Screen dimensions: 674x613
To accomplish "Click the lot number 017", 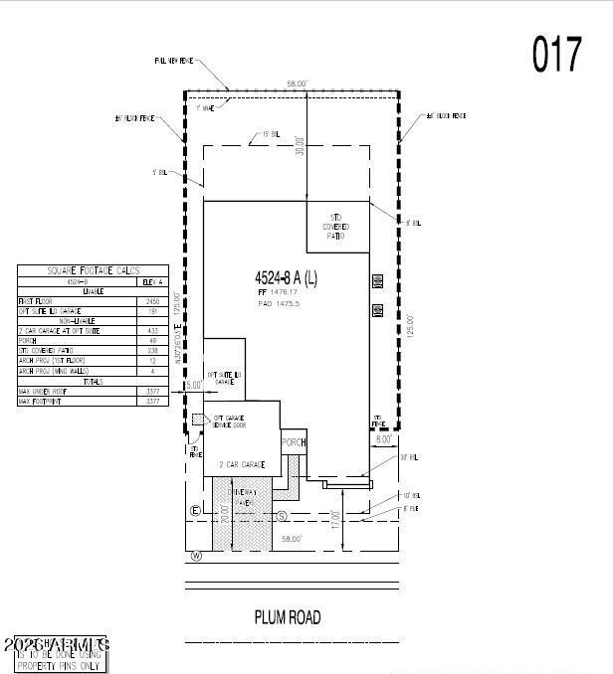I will pyautogui.click(x=557, y=55).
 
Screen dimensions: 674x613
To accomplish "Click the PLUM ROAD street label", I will pyautogui.click(x=289, y=617).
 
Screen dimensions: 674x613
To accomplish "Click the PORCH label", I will pyautogui.click(x=294, y=442).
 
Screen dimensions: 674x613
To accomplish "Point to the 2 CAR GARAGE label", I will pyautogui.click(x=243, y=465).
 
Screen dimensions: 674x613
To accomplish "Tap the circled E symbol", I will pyautogui.click(x=195, y=512).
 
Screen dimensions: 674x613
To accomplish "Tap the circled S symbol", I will pyautogui.click(x=282, y=516).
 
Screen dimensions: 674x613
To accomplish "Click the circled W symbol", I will pyautogui.click(x=196, y=556).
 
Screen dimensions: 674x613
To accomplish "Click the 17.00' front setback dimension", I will pyautogui.click(x=336, y=520).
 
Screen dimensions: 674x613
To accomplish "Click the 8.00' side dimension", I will pyautogui.click(x=382, y=437).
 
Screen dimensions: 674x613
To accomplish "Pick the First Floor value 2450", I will pyautogui.click(x=152, y=300).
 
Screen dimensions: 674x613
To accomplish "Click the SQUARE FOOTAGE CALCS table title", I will pyautogui.click(x=94, y=270).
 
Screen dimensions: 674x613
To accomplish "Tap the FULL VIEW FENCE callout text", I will pyautogui.click(x=173, y=61).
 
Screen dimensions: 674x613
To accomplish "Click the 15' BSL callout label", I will pyautogui.click(x=270, y=133).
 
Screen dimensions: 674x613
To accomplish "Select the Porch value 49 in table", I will pyautogui.click(x=152, y=340).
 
